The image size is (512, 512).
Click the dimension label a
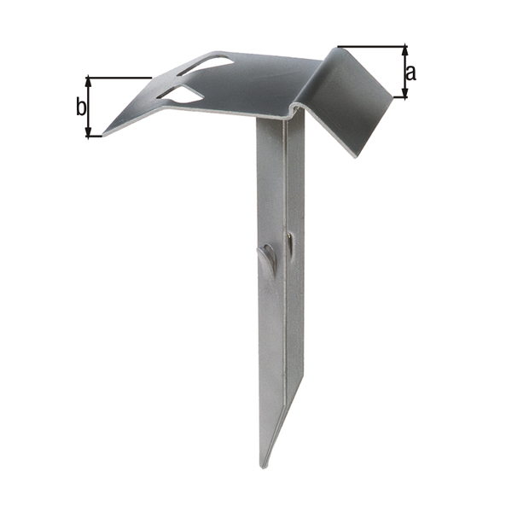coord(411,73)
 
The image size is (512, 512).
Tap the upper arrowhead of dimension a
coord(404,49)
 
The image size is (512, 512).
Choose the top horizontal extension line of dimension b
coord(119,78)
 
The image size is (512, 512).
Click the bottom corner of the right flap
coord(352,154)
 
